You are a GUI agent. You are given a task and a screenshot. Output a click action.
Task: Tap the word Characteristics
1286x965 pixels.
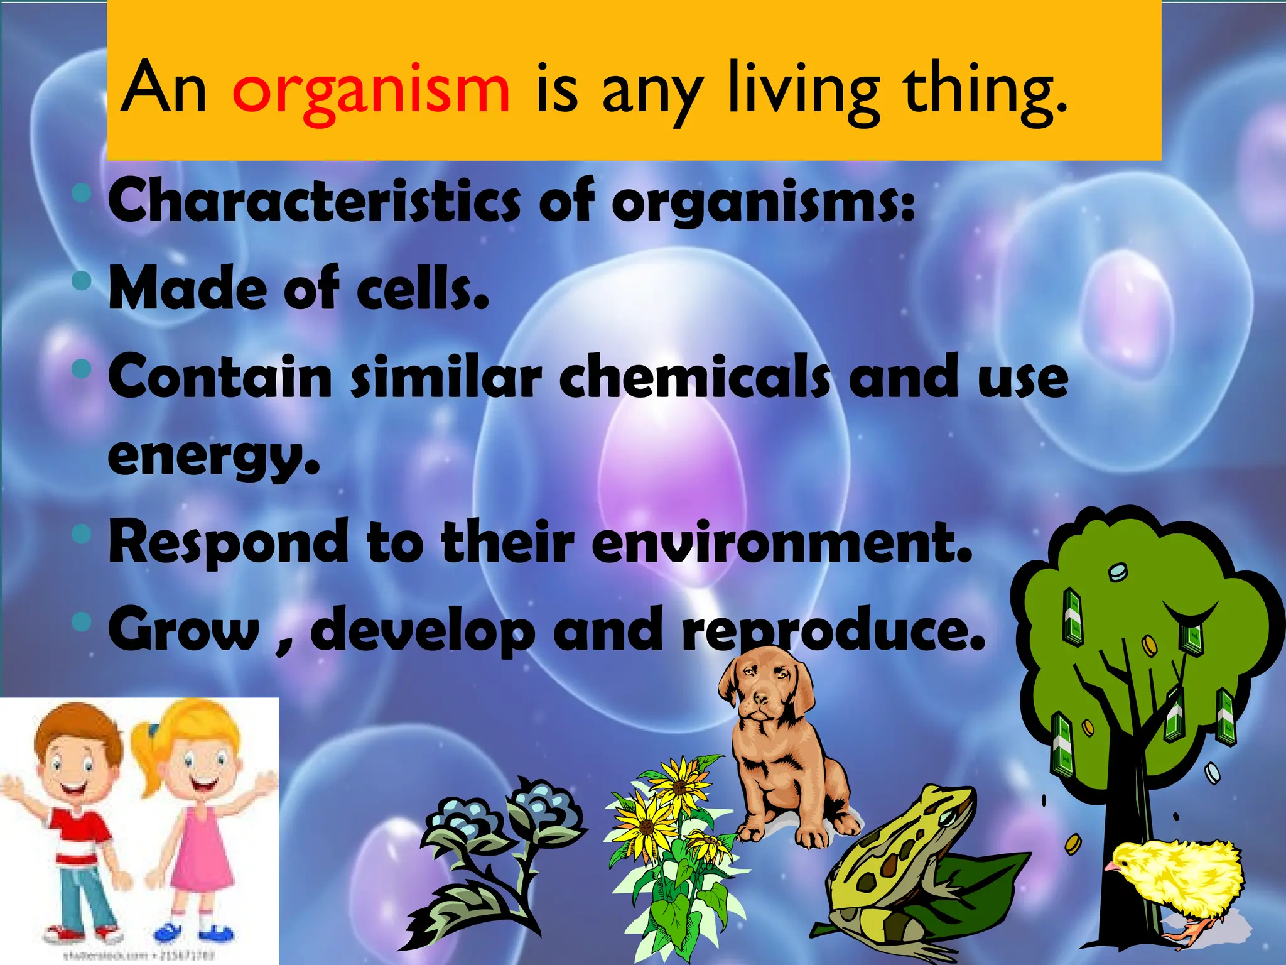coord(314,200)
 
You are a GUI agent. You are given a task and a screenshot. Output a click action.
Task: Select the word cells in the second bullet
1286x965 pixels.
coord(422,288)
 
